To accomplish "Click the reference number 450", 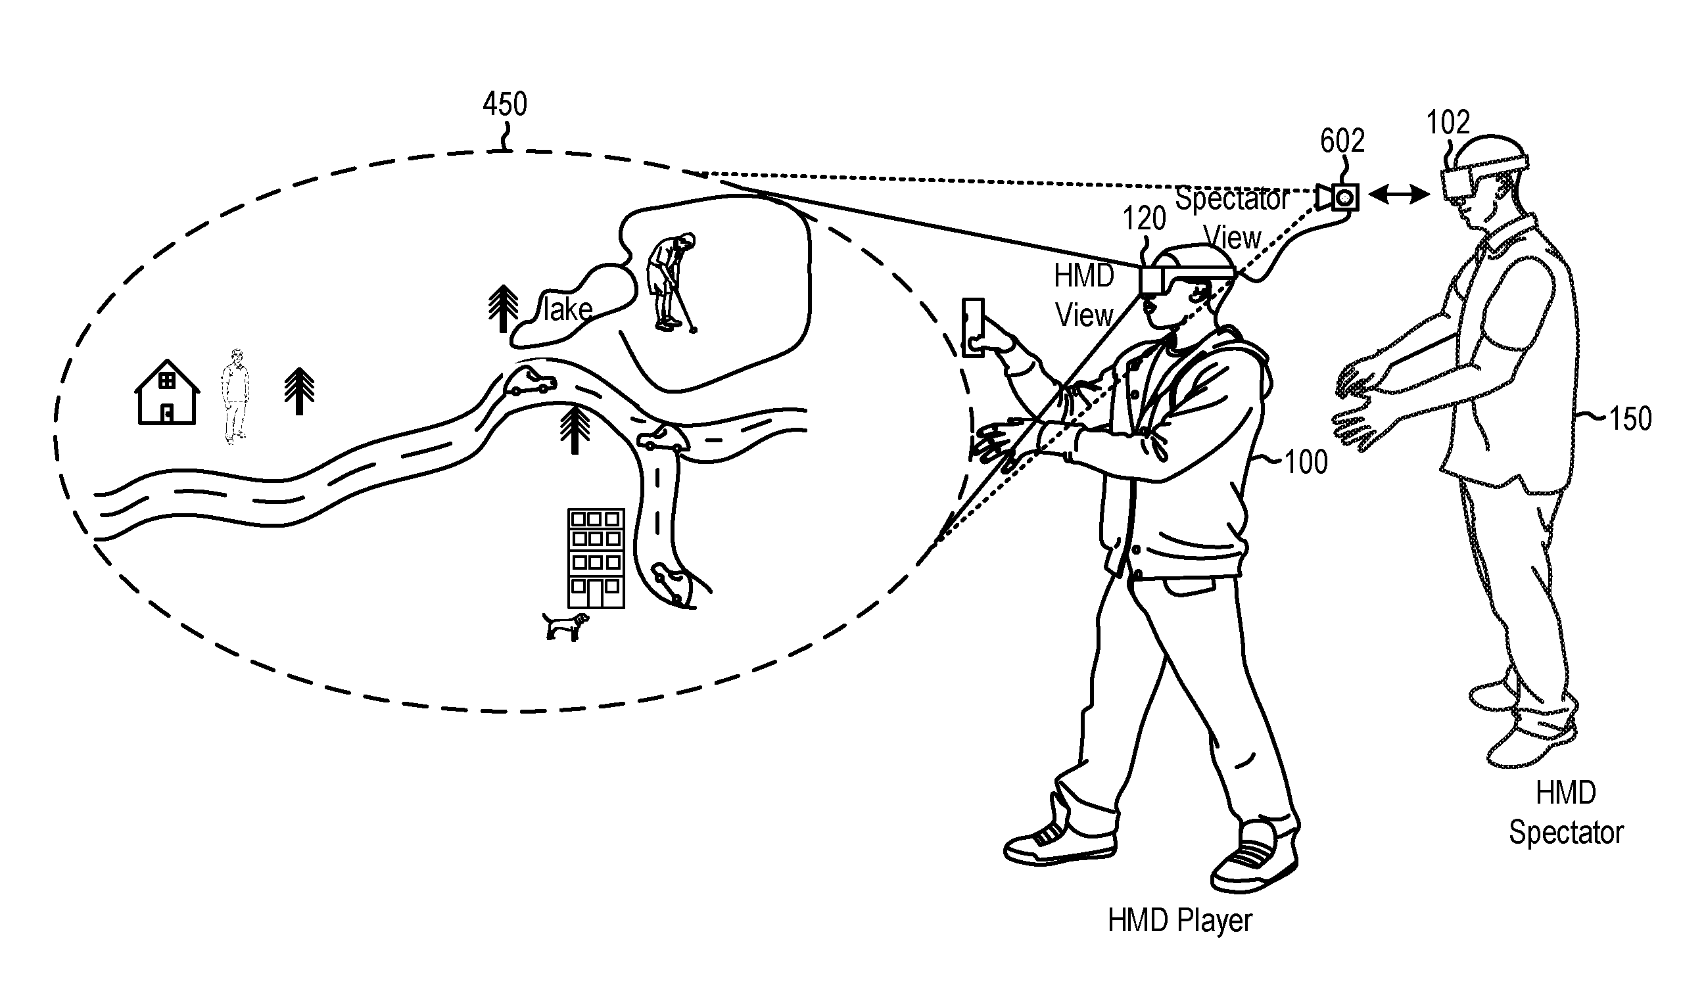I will [504, 104].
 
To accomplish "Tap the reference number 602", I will [1342, 141].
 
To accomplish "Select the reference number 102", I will [1448, 123].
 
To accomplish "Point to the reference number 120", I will [1144, 219].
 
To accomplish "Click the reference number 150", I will [1630, 419].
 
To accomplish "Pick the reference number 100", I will [1306, 462].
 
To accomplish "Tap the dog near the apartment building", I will [565, 626].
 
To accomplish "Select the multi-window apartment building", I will [596, 558].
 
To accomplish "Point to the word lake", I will [567, 310].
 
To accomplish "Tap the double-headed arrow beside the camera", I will [1398, 195].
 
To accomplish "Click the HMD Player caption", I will [1179, 921].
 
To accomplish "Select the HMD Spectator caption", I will [1565, 813].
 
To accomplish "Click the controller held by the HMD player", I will [972, 328].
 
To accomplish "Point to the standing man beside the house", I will [235, 396].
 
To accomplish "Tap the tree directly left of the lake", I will [503, 308].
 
